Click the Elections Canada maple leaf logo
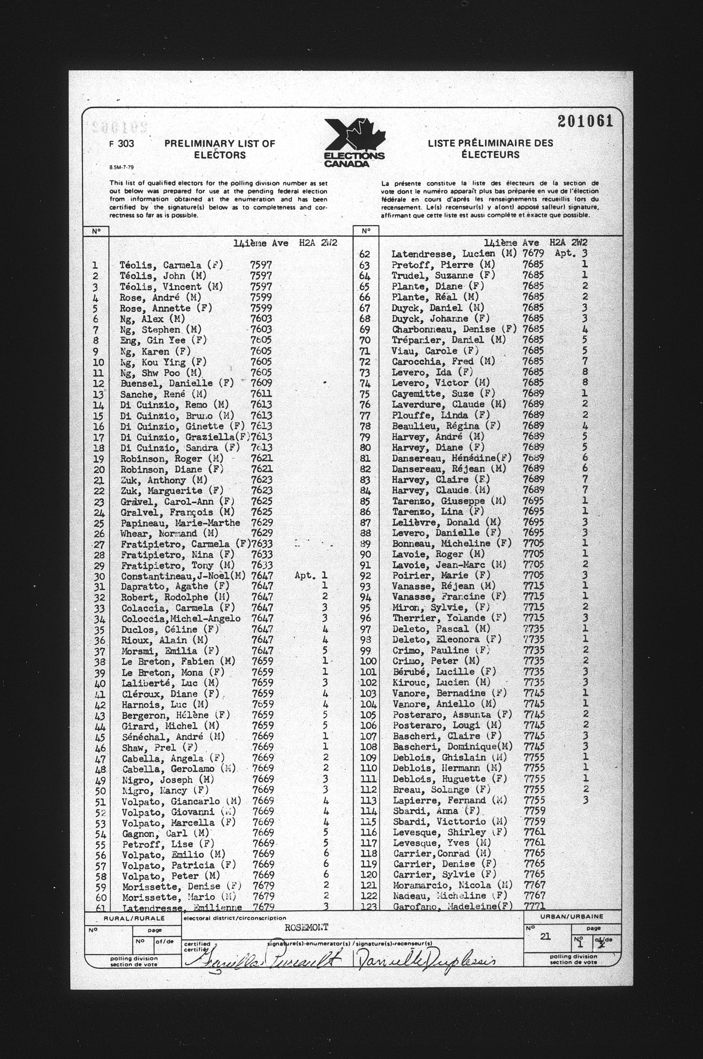354,142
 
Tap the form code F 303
122,144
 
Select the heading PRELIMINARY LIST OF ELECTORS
219,149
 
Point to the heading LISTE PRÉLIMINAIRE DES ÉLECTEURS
491,149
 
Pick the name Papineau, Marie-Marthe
180,523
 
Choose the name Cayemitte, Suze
443,394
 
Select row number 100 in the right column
368,661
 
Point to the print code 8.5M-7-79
121,167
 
